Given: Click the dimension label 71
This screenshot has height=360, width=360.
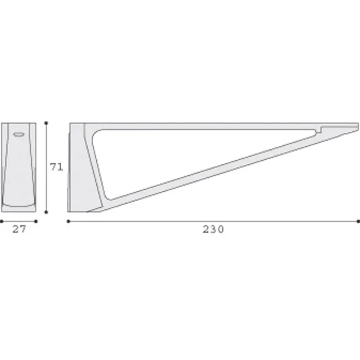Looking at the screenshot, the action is click(x=56, y=167).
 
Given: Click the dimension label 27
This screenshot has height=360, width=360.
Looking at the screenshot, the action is click(x=19, y=229).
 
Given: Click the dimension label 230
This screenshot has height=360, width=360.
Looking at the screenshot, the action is click(x=213, y=229).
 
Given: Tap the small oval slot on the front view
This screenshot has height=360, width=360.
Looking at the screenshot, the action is click(x=18, y=134).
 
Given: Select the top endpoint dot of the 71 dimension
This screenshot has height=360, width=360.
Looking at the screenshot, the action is click(x=46, y=123).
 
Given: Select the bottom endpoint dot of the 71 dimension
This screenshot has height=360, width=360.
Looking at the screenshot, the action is click(x=46, y=212).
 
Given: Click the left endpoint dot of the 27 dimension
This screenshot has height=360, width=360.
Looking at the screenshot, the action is click(x=1, y=221).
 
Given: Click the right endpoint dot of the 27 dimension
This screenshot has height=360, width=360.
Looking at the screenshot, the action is click(x=36, y=221).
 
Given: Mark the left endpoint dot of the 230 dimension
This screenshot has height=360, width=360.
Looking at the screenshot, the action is click(x=68, y=221).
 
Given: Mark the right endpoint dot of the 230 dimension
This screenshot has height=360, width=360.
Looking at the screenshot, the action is click(x=358, y=221).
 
